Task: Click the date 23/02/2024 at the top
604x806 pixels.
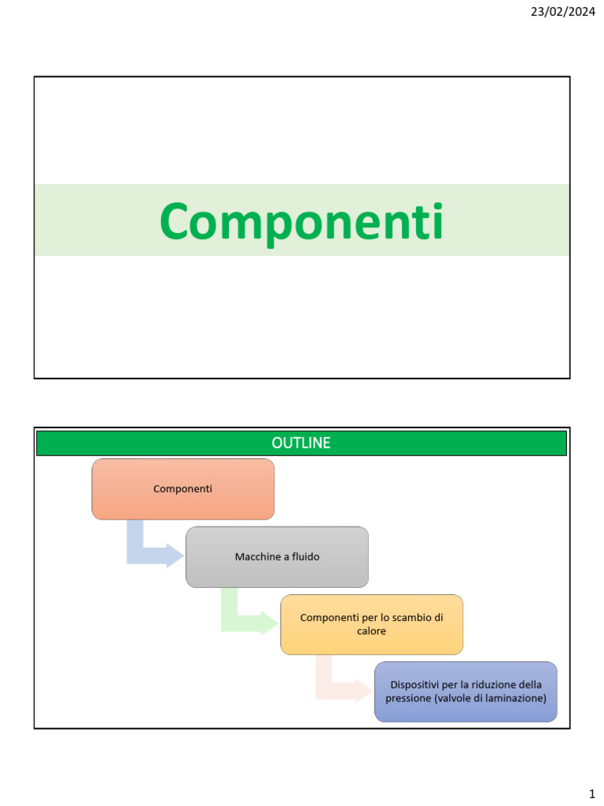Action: tap(563, 11)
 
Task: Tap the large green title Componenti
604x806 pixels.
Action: tap(301, 221)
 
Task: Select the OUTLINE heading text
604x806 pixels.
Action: tap(301, 443)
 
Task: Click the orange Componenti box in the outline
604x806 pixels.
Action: tap(183, 489)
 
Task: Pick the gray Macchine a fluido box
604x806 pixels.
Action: tap(277, 556)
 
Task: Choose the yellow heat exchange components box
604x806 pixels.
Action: tap(371, 624)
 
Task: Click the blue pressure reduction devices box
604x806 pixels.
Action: tap(466, 691)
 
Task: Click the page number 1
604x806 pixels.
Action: tap(591, 793)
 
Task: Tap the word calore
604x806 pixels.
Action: tap(371, 631)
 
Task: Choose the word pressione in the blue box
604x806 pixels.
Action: tap(408, 698)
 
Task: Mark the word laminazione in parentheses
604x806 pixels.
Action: tap(514, 698)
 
